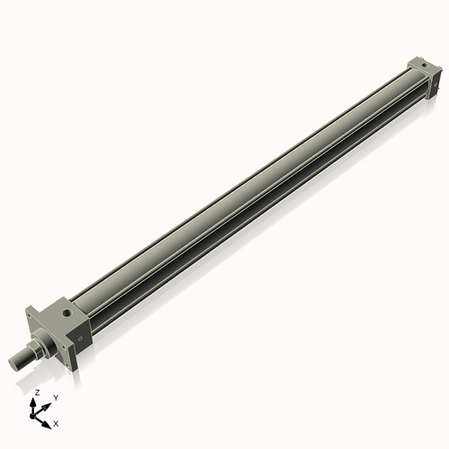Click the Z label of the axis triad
[x=36, y=394]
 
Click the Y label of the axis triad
[x=56, y=397]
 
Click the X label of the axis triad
[x=57, y=422]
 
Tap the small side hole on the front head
[x=79, y=339]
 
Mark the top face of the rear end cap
[x=420, y=66]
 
